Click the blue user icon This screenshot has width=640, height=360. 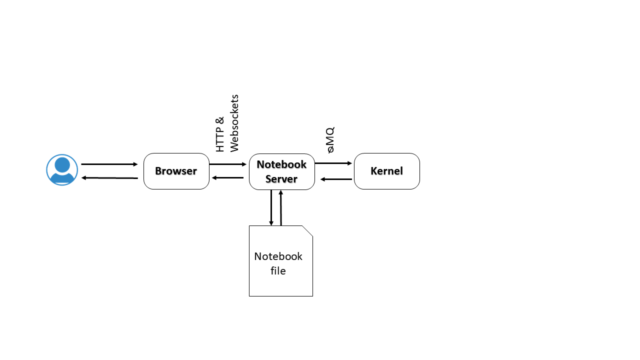62,170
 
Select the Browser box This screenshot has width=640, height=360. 176,171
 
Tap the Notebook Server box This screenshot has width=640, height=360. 281,171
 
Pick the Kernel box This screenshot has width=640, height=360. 386,171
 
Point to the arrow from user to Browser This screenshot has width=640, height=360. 109,164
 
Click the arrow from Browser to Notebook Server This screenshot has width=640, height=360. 228,164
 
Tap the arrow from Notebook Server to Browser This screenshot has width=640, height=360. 228,178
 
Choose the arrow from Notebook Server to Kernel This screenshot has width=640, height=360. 333,163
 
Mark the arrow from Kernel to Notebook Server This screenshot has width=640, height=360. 336,179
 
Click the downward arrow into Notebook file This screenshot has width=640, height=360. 271,207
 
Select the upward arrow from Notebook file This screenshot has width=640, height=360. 281,207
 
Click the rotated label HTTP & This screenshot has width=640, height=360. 220,134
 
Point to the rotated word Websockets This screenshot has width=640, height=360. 234,122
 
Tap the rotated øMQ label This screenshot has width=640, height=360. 329,139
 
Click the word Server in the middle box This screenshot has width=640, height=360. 281,179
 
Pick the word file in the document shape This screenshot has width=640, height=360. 278,271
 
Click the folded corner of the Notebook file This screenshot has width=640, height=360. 307,230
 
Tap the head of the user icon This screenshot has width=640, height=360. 62,164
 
